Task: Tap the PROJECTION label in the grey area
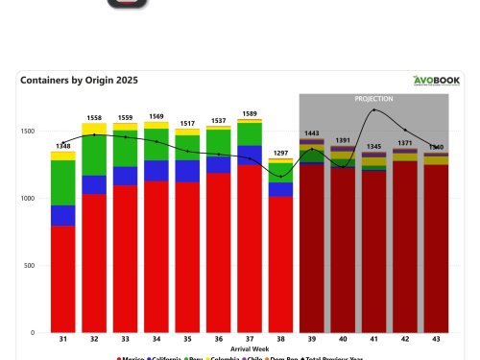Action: [x=373, y=99]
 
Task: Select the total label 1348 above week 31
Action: [x=63, y=147]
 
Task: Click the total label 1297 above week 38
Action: [x=280, y=154]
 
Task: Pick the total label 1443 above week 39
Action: [x=311, y=133]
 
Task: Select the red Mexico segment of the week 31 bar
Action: [x=63, y=278]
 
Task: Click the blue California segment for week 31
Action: [x=63, y=215]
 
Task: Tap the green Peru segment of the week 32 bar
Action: [x=94, y=155]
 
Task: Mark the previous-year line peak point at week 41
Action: [x=373, y=109]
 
